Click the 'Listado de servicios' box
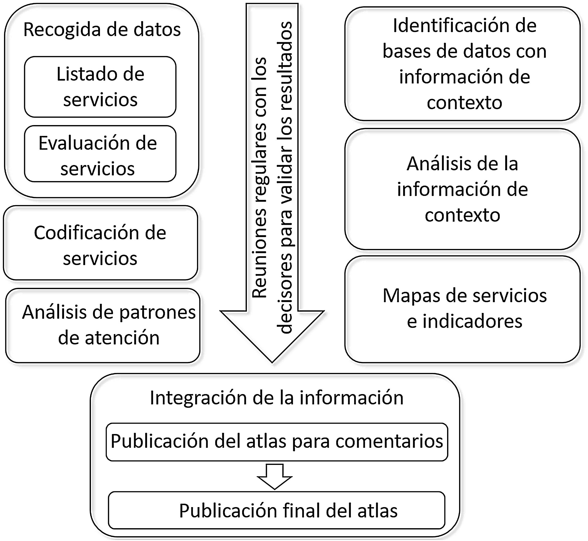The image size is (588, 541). point(100,87)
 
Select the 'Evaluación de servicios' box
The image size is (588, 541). point(100,154)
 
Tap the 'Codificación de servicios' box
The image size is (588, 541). point(100,243)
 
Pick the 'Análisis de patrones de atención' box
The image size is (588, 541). point(103,326)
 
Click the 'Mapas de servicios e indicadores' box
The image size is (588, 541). point(462,309)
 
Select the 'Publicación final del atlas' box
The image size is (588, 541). point(277,510)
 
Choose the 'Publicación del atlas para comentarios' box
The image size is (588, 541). point(277,442)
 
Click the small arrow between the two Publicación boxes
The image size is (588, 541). point(274,476)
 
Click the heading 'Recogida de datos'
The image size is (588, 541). point(102,30)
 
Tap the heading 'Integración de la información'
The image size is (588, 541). point(277,398)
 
